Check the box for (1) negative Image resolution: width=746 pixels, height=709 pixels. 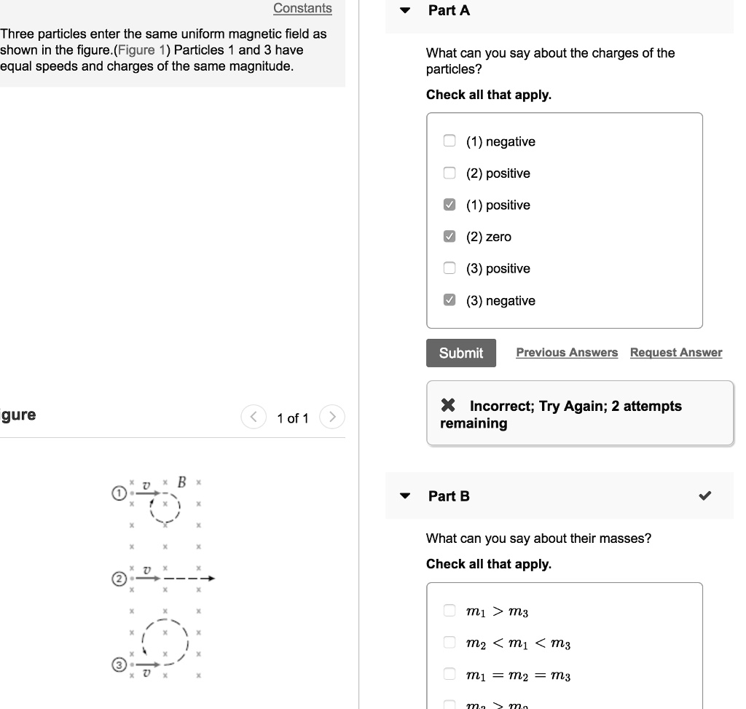tap(450, 141)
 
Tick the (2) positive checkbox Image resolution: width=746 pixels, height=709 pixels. tap(450, 173)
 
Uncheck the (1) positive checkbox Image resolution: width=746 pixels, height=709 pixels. tap(450, 205)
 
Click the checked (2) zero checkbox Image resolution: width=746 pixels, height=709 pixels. tap(450, 237)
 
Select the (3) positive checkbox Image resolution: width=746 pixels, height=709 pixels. tap(450, 268)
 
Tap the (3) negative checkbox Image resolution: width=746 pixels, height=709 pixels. tap(450, 300)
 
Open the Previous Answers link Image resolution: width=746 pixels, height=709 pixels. tap(567, 353)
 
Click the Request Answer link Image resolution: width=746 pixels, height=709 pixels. tap(676, 353)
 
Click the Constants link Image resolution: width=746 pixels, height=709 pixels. tap(302, 9)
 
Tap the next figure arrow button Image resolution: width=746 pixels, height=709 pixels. tap(331, 418)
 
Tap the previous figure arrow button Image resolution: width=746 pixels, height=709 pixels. tap(254, 418)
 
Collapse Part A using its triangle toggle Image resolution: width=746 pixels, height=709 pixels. tap(406, 11)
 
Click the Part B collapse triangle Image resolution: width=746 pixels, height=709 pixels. tap(406, 496)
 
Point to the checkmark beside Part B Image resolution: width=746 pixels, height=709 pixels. tap(704, 496)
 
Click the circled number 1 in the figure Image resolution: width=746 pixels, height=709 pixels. tap(118, 493)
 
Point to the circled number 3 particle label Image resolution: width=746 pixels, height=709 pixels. tap(118, 665)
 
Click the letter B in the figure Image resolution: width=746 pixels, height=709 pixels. tap(182, 482)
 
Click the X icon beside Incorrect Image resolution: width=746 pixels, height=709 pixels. tap(448, 406)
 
